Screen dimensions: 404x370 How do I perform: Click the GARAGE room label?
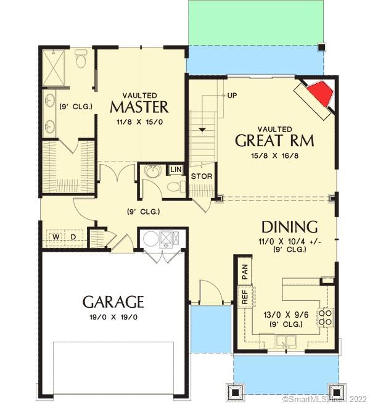click(113, 302)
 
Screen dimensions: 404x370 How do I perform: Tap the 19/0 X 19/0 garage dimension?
click(113, 317)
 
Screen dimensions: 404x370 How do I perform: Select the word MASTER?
click(139, 107)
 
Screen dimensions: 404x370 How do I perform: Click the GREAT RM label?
click(274, 141)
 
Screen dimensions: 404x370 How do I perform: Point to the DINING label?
click(289, 226)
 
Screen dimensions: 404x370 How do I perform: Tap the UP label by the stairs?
click(232, 96)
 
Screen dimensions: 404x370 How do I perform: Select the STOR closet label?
click(201, 176)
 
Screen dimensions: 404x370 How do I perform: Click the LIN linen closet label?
click(176, 169)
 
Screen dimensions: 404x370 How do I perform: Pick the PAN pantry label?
click(244, 270)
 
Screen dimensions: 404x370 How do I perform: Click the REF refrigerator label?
click(244, 297)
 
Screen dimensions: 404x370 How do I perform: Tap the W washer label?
click(55, 237)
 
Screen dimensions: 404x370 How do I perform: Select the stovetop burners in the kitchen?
click(325, 317)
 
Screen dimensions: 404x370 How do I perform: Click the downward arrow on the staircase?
click(202, 130)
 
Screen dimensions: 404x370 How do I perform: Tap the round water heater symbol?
click(150, 238)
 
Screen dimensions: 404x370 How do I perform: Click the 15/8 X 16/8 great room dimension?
click(274, 157)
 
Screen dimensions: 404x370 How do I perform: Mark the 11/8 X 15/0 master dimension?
click(139, 122)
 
